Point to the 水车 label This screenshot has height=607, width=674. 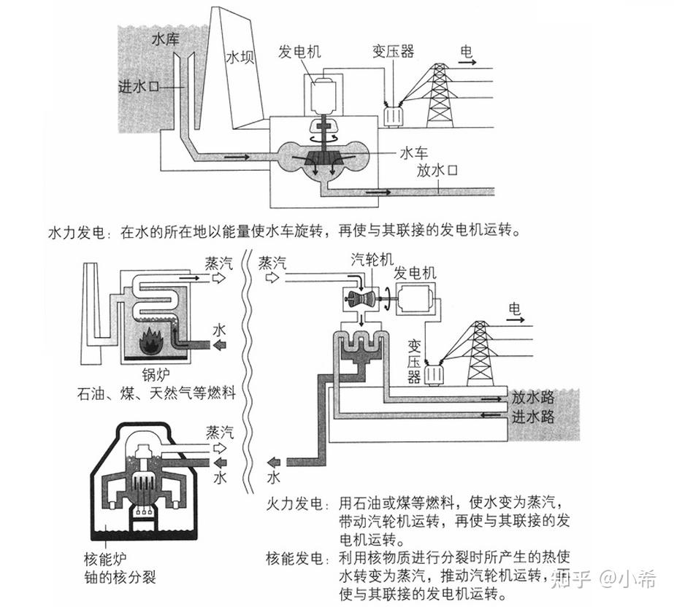[x=413, y=152]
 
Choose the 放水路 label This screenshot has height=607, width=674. [x=533, y=398]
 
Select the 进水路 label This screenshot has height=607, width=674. [x=533, y=417]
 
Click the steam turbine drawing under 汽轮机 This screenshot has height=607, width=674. [x=361, y=299]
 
